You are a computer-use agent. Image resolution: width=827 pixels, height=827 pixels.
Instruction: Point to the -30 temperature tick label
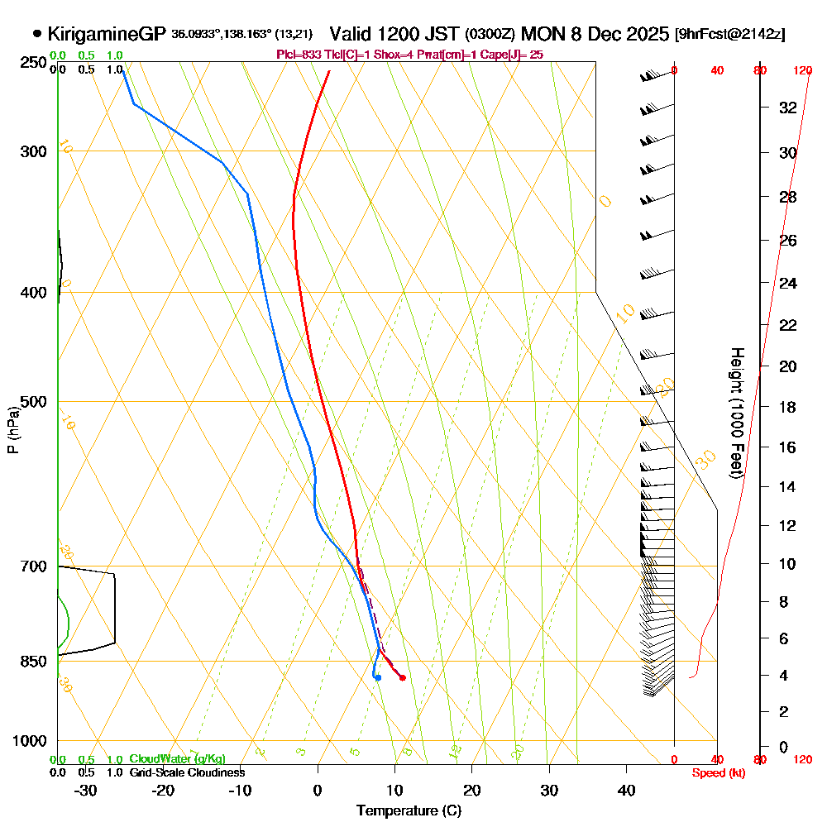[x=86, y=790]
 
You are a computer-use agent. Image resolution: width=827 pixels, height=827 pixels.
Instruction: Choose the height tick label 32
[x=788, y=108]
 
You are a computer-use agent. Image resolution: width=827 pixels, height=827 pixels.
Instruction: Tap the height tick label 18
[x=788, y=407]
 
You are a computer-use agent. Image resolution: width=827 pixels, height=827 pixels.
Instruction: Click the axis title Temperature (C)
[x=409, y=811]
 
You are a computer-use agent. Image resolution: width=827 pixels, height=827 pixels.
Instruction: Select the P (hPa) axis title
[x=13, y=429]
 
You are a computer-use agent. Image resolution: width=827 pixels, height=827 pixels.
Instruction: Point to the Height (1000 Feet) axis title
[x=735, y=413]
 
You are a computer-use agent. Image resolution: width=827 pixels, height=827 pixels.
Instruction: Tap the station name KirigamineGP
[x=108, y=34]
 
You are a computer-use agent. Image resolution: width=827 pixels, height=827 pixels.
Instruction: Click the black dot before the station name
[x=37, y=34]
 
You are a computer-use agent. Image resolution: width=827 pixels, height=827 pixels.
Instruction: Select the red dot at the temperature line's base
[x=403, y=678]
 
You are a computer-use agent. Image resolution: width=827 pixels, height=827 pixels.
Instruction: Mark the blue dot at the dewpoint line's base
[x=378, y=678]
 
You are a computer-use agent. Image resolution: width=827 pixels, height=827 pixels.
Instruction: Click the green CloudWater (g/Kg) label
[x=177, y=759]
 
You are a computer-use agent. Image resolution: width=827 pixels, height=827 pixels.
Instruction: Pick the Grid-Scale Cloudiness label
[x=186, y=772]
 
